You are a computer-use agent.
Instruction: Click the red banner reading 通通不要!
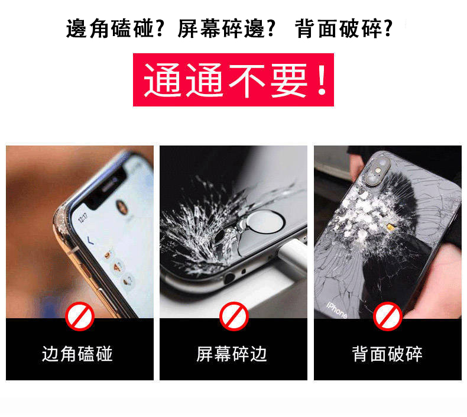coord(233,80)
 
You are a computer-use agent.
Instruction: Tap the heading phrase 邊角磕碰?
coord(115,28)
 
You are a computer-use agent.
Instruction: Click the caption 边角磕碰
coord(77,354)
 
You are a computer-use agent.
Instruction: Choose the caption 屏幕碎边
coord(232,354)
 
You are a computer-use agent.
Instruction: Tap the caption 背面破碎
coord(387,354)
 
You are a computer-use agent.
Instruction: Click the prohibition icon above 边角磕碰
coord(80,316)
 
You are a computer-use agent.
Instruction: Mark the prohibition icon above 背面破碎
coord(388,316)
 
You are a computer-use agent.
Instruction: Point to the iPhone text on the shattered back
coord(337,308)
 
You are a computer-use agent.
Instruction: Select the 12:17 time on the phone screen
coord(83,218)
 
